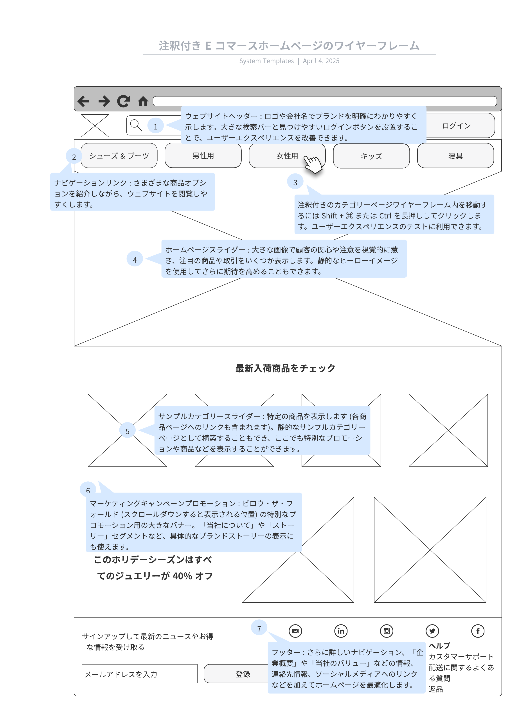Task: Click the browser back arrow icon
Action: coord(83,101)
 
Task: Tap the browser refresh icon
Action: coord(123,101)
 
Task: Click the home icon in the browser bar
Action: coord(143,102)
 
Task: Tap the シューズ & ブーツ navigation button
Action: coord(119,156)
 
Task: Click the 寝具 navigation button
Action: coord(455,156)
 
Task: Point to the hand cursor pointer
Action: coord(313,164)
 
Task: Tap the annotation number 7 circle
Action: coord(259,628)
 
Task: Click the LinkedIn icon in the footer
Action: coord(341,631)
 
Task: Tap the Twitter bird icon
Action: coord(432,631)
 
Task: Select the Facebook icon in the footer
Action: coord(478,631)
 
